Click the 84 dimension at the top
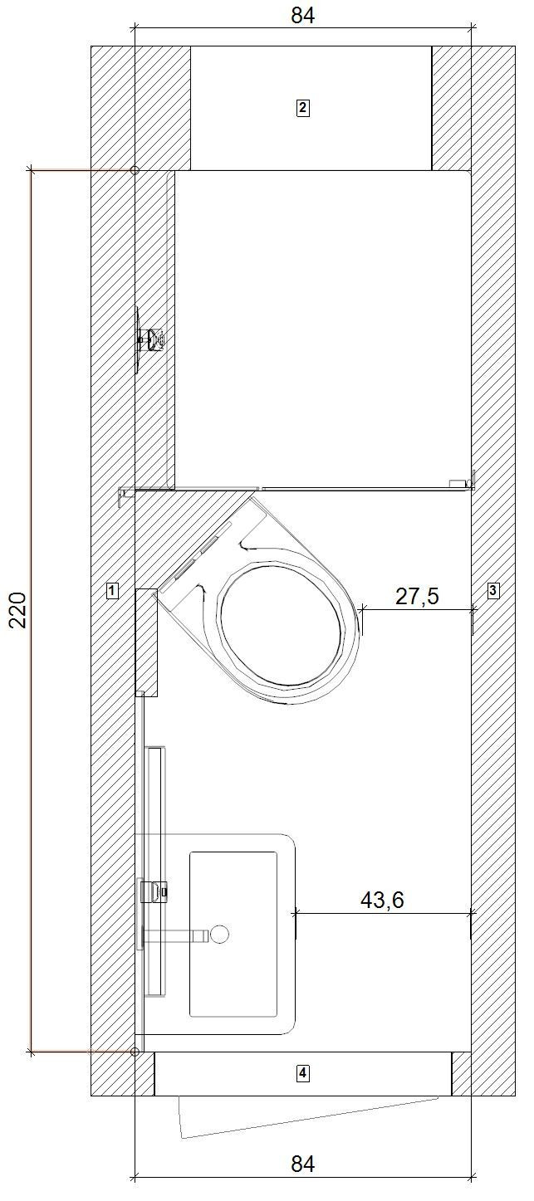(x=302, y=15)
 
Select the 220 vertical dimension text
(x=17, y=609)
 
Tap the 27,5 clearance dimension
(x=417, y=596)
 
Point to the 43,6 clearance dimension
(x=381, y=900)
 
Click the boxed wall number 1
(x=111, y=591)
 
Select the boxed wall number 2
(x=303, y=107)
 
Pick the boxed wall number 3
(x=493, y=591)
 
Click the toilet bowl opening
(x=279, y=625)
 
